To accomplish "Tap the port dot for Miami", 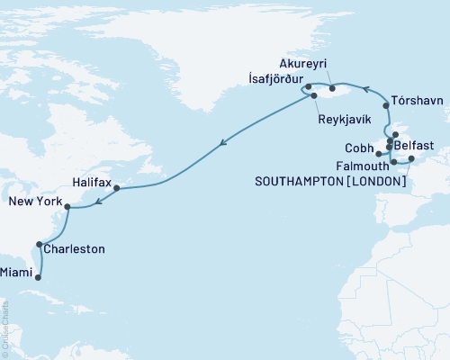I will click(x=38, y=277).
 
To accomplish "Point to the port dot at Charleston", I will click(x=39, y=244).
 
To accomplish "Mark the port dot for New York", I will click(x=67, y=206).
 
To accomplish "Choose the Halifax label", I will click(x=92, y=183).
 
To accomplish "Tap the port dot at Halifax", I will click(x=117, y=188).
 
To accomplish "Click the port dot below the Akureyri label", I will click(x=332, y=87).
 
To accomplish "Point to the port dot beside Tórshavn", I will click(x=387, y=105).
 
